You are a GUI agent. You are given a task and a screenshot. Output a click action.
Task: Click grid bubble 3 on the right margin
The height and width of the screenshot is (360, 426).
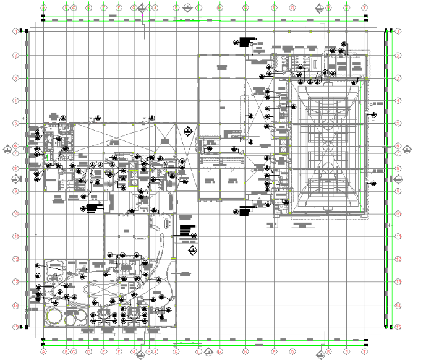point(399,78)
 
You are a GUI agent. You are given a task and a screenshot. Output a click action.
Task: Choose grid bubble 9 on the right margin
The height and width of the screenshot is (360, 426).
point(399,191)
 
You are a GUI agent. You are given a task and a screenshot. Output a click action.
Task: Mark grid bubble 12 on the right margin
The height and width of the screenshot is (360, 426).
point(399,259)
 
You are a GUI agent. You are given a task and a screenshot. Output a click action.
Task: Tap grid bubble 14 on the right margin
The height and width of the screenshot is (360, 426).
point(399,306)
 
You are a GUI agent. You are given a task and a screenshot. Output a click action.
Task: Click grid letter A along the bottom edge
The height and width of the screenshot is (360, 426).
point(43,351)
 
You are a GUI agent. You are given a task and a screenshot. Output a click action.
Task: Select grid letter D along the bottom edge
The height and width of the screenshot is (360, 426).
point(89,351)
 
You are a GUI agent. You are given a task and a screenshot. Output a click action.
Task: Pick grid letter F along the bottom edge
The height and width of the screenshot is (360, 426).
point(119,351)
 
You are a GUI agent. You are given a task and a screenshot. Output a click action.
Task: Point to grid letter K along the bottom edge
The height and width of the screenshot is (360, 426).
point(176,351)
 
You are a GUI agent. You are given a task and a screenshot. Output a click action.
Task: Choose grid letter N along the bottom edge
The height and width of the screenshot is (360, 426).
point(245,351)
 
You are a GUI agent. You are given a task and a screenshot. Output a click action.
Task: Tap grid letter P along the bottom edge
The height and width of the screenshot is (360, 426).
point(274,351)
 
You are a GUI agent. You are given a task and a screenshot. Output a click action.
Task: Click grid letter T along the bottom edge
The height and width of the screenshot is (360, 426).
point(365,351)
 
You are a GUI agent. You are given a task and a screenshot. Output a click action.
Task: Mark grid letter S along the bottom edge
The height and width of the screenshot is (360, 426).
point(346,351)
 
